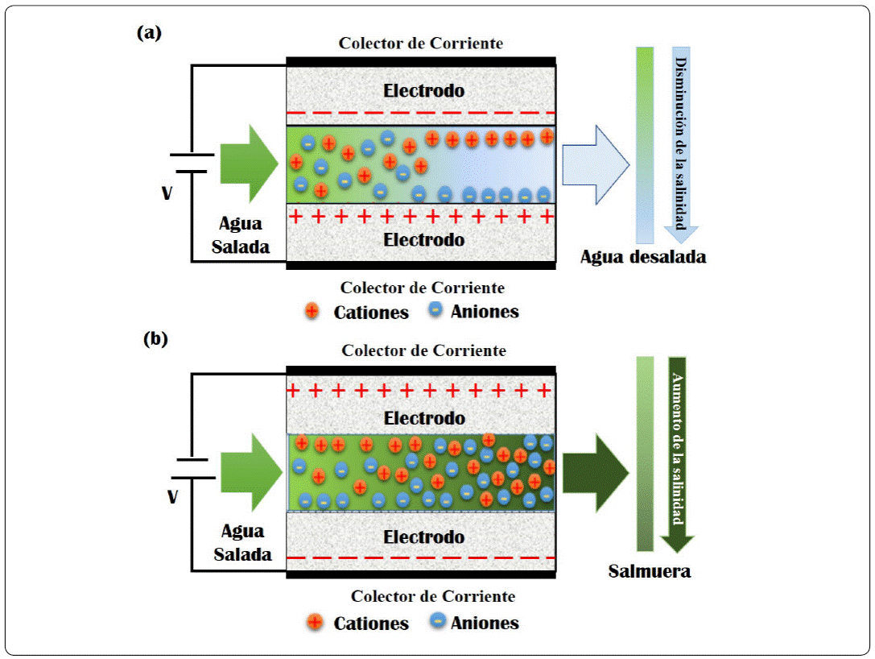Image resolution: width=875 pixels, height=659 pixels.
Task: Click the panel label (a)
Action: [x=149, y=33]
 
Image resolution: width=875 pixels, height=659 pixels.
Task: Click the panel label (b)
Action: [x=155, y=339]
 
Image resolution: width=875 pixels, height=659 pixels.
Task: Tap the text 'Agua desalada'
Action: [x=643, y=257]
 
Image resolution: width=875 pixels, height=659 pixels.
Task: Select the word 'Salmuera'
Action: [x=650, y=570]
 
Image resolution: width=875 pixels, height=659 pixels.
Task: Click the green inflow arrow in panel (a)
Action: [x=249, y=164]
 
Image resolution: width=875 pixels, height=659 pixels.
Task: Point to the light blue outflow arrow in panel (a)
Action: [x=596, y=164]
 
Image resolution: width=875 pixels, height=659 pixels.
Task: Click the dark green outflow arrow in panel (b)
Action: [x=596, y=472]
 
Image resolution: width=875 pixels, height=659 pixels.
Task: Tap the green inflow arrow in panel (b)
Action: [x=252, y=472]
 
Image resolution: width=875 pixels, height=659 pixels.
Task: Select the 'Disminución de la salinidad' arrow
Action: [x=681, y=145]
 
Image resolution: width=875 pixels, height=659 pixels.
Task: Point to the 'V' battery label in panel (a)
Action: [x=167, y=193]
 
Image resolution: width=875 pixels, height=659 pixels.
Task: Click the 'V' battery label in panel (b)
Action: [x=173, y=496]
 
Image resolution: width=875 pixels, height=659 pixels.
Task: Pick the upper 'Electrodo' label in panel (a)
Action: [x=423, y=90]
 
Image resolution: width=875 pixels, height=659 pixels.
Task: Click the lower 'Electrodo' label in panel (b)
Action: [x=423, y=537]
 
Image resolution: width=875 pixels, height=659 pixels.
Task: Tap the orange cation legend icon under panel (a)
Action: [x=312, y=311]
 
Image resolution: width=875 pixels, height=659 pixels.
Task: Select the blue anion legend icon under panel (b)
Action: [x=438, y=620]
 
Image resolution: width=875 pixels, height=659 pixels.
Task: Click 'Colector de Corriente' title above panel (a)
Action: [x=421, y=44]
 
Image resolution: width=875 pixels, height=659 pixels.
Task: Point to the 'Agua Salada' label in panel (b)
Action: [x=243, y=542]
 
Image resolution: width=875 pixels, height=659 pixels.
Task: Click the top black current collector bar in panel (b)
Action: [x=421, y=371]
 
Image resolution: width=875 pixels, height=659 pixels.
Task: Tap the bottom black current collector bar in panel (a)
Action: [x=421, y=265]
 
